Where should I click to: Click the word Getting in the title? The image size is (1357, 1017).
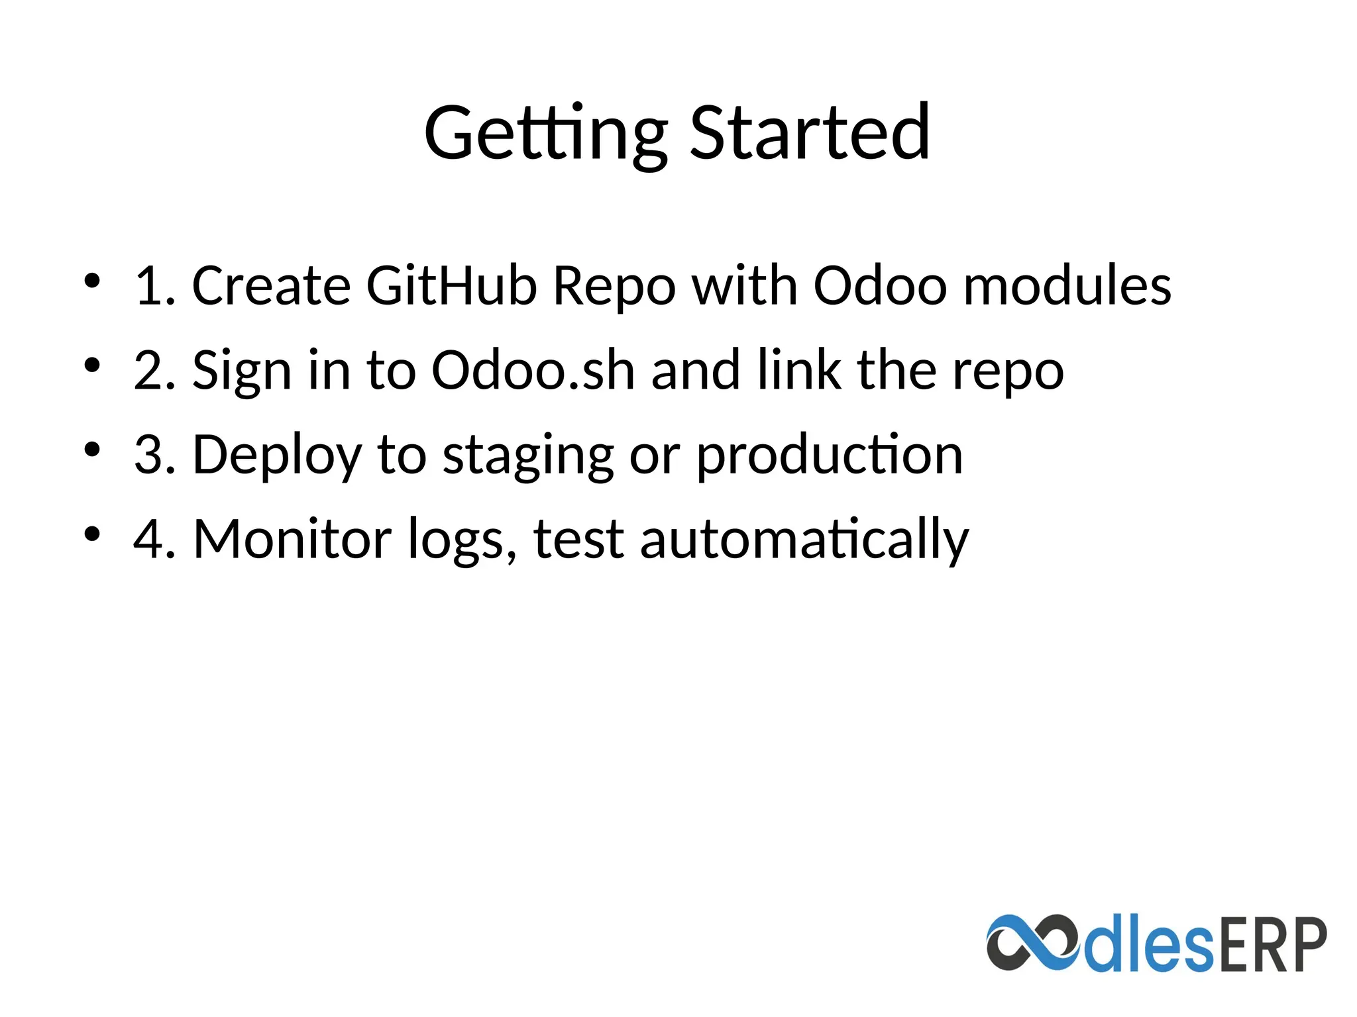point(545,134)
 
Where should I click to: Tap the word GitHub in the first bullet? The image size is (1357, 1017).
point(451,285)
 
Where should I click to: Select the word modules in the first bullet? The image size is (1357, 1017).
point(1067,285)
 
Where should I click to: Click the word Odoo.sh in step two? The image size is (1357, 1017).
point(533,370)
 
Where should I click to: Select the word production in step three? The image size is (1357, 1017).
point(830,455)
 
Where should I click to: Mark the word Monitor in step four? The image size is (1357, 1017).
point(292,539)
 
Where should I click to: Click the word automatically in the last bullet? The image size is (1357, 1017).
point(804,540)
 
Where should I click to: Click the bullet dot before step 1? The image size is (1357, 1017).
point(92,280)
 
